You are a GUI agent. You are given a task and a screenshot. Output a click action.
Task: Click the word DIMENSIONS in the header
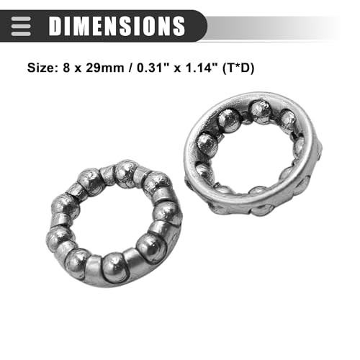(117, 26)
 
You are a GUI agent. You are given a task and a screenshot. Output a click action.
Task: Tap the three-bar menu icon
(21, 26)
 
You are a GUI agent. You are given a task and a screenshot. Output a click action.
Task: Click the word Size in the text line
(41, 68)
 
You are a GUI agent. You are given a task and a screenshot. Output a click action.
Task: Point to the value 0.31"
(153, 68)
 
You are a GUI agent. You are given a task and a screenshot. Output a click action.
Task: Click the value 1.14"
(202, 68)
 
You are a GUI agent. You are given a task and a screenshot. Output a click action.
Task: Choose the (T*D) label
(238, 68)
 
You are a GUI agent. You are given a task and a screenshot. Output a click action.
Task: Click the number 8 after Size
(66, 68)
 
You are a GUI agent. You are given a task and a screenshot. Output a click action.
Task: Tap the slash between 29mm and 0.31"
(130, 68)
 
